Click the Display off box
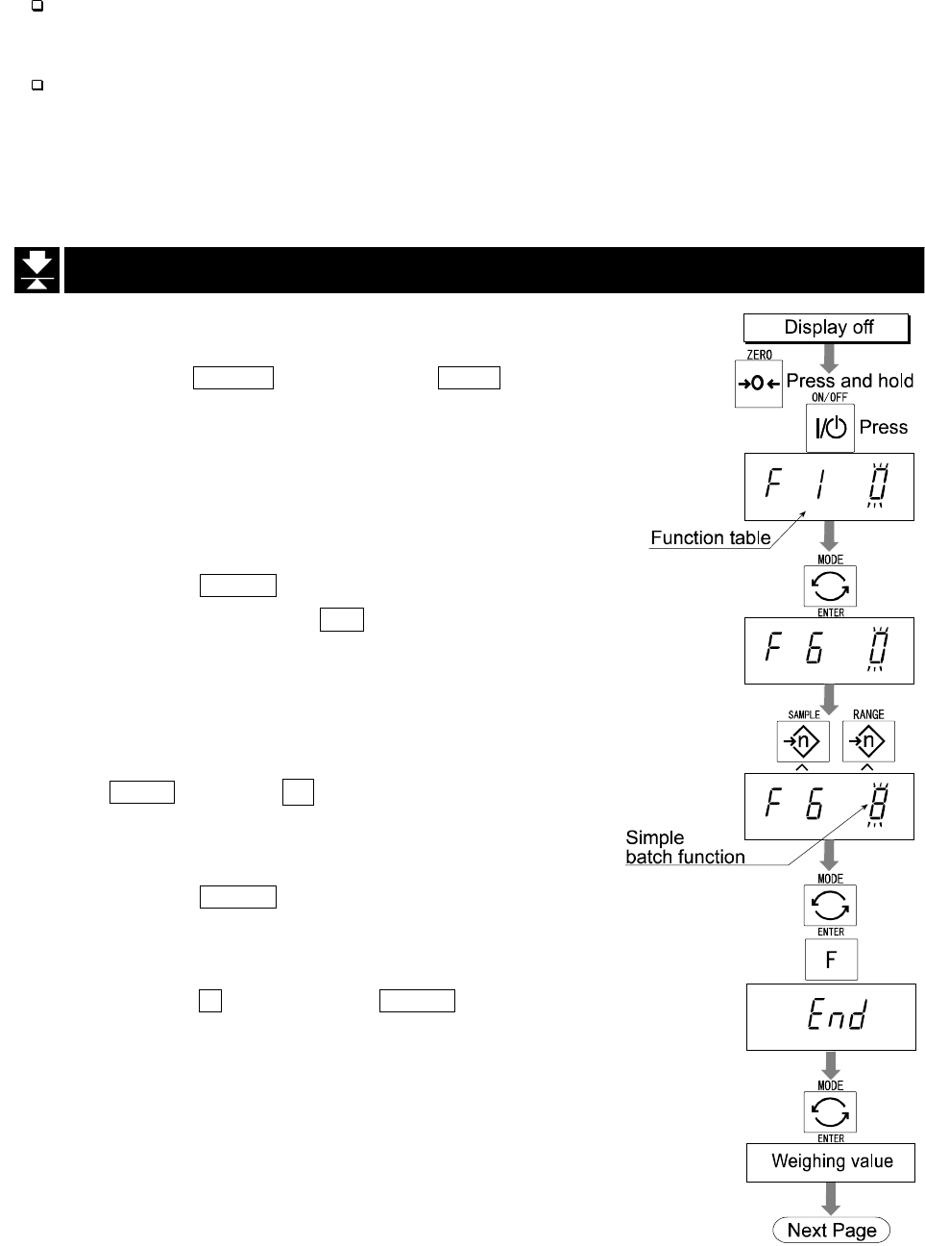[x=827, y=328]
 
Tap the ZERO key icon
[x=759, y=384]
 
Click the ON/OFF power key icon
[x=829, y=428]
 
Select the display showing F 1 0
[x=829, y=486]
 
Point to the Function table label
[x=710, y=538]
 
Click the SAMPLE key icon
[x=803, y=741]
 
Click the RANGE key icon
[x=868, y=741]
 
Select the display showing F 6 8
[x=829, y=806]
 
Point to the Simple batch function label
[x=685, y=847]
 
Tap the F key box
[x=831, y=959]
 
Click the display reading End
[x=831, y=1017]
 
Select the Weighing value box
[x=831, y=1162]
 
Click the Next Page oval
[x=831, y=1231]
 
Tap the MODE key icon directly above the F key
[x=831, y=905]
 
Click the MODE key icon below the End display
[x=831, y=1112]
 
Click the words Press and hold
[x=849, y=381]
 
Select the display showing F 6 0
[x=829, y=650]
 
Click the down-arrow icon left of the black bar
[x=37, y=270]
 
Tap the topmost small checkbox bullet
[x=37, y=6]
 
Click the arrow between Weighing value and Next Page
[x=831, y=1199]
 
